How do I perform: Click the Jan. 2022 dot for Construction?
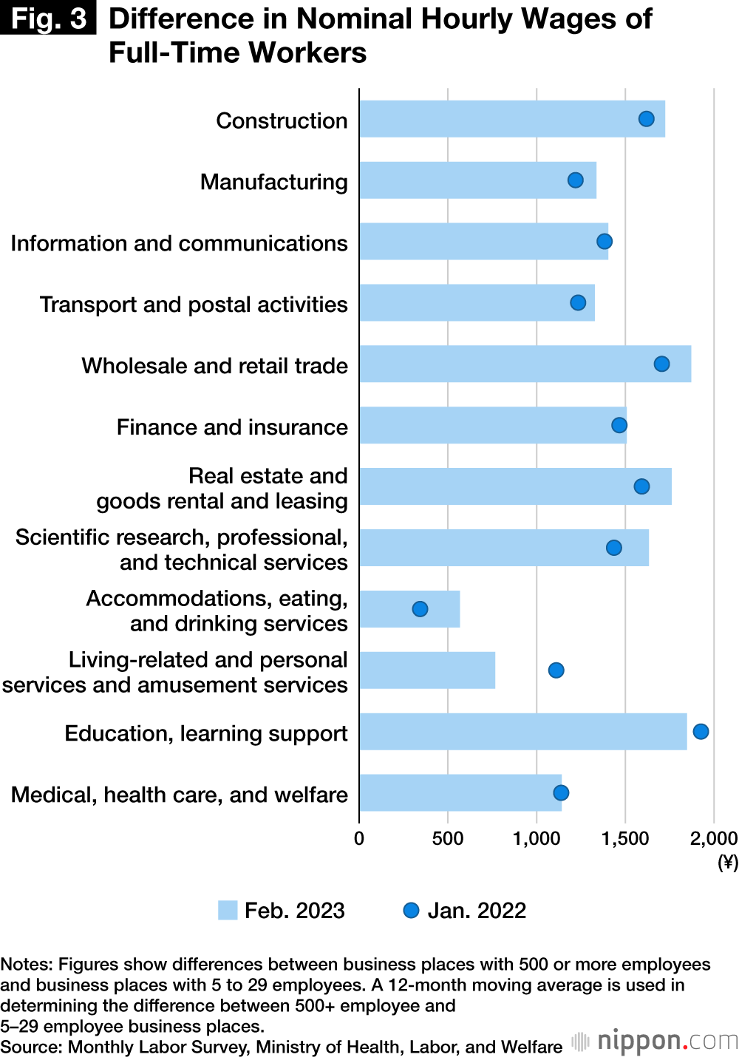click(646, 119)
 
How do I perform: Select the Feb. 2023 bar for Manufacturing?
click(477, 180)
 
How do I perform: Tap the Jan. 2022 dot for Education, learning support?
click(701, 731)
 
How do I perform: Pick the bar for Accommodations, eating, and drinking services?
click(409, 609)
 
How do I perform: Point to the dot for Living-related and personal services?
click(556, 670)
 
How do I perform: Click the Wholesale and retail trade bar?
click(525, 364)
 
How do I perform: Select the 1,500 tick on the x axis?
click(625, 838)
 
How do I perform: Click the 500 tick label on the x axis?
click(448, 838)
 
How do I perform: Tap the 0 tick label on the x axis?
click(359, 838)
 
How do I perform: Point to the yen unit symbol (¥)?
click(728, 862)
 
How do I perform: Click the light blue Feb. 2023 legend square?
click(228, 910)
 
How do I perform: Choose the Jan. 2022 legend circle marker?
click(411, 910)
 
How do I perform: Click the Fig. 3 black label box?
click(48, 18)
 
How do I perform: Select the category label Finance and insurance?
click(232, 427)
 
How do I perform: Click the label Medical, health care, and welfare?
click(179, 795)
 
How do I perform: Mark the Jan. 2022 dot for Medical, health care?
click(561, 792)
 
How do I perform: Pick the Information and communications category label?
click(179, 243)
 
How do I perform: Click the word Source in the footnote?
click(31, 1047)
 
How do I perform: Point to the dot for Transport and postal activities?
click(578, 302)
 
